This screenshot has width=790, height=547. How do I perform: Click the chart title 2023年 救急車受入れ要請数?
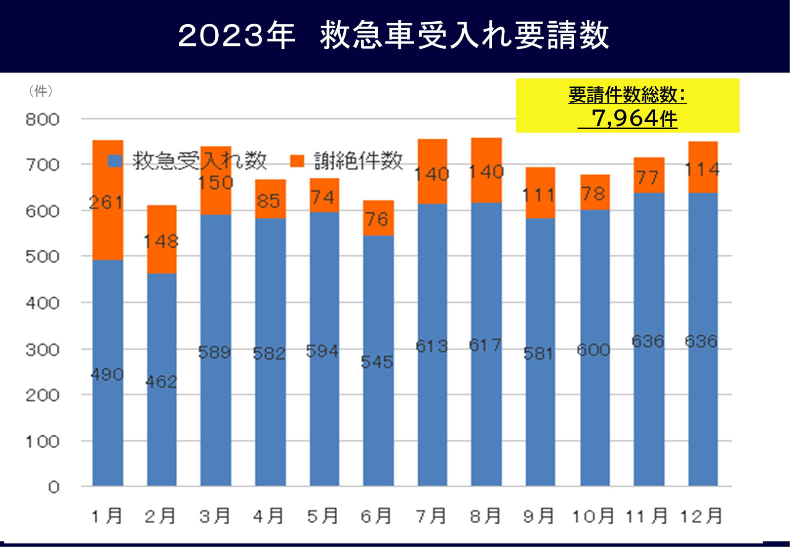[x=394, y=36]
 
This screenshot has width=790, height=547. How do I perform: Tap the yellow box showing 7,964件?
[x=627, y=106]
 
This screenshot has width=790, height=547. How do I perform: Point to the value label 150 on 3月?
[x=215, y=183]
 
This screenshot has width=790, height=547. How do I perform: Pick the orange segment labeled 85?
[x=270, y=200]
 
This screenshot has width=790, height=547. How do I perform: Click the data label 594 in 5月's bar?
[x=322, y=351]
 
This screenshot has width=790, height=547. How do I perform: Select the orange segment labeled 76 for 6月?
[x=378, y=218]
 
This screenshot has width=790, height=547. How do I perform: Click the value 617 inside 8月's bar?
[x=486, y=345]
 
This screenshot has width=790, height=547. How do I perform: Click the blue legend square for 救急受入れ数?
[x=115, y=161]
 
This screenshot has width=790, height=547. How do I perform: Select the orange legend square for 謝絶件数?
[x=297, y=161]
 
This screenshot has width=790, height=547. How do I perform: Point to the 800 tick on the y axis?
[x=42, y=119]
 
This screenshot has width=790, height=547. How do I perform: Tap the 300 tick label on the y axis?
[x=42, y=350]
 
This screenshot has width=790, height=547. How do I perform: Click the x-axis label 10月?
[x=593, y=516]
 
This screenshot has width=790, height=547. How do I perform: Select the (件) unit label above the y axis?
[x=40, y=91]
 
